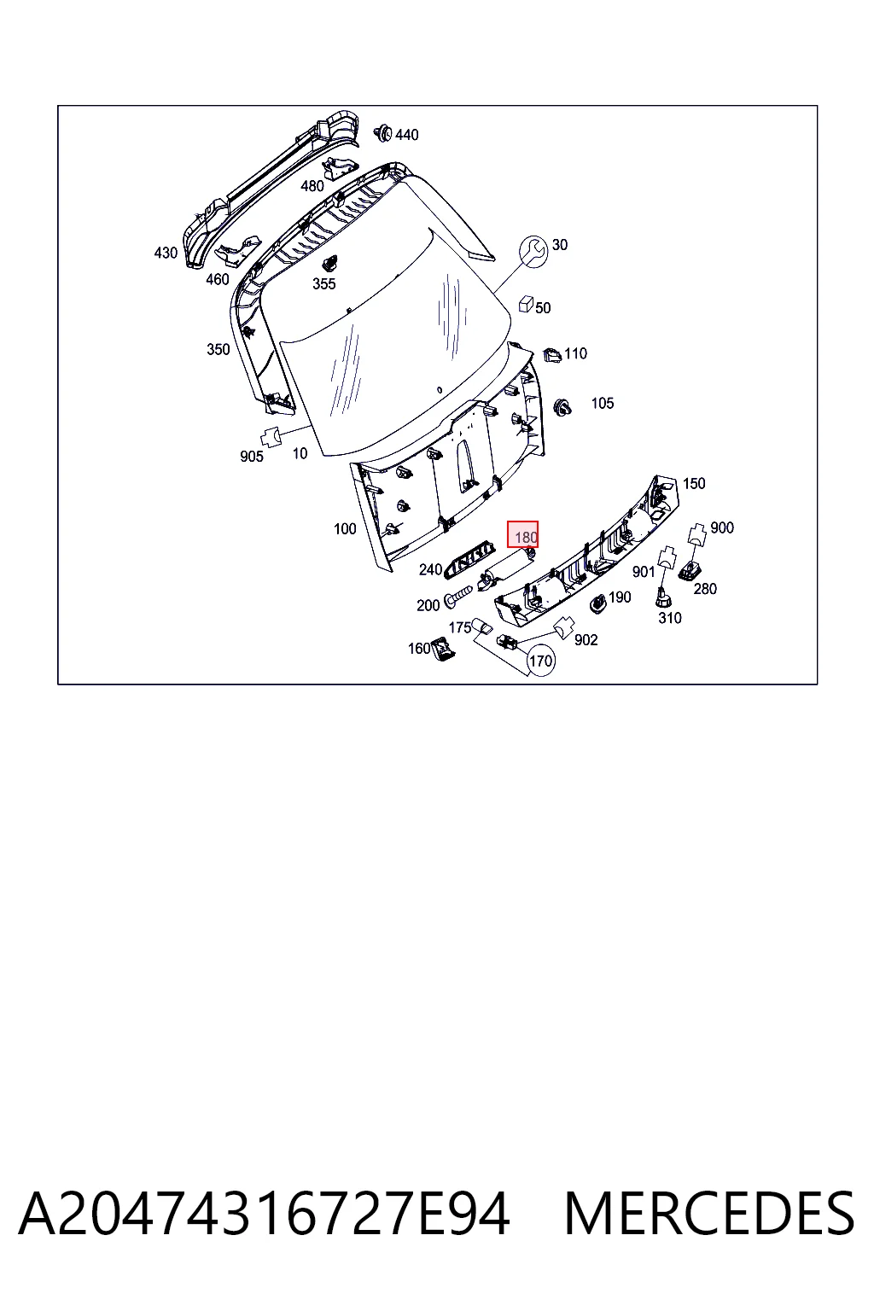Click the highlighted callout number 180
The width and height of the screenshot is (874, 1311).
tap(525, 537)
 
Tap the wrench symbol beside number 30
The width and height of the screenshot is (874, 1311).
tap(533, 252)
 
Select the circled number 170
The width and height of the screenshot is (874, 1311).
tap(540, 661)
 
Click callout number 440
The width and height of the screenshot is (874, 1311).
tap(407, 135)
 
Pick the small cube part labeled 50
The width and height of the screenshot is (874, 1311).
tap(526, 304)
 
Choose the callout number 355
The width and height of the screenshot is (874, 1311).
tap(323, 284)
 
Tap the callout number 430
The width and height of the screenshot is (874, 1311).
tap(166, 253)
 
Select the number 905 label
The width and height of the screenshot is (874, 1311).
tap(251, 457)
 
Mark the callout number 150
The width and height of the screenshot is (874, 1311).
tap(694, 483)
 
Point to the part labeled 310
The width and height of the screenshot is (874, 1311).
tap(662, 597)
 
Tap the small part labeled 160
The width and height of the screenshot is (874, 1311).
tap(443, 649)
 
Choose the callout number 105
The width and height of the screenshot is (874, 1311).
tap(603, 403)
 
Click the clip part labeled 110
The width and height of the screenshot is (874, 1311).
tap(551, 355)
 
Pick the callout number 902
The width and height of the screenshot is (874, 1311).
tap(586, 640)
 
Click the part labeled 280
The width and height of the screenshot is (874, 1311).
tap(690, 569)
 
